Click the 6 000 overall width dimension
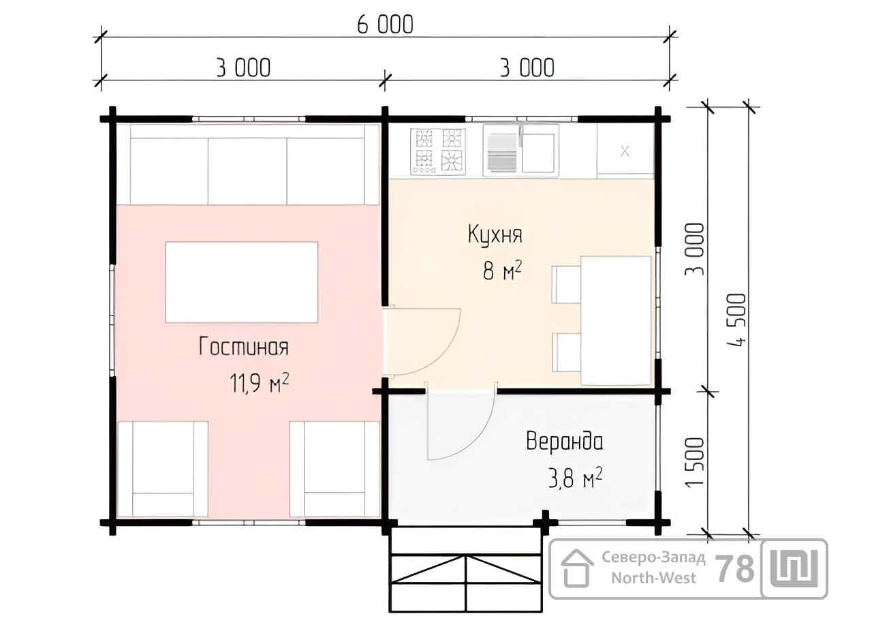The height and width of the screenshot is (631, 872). click(385, 25)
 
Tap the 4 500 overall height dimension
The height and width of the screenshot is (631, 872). click(736, 320)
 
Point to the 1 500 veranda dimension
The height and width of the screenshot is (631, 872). click(695, 462)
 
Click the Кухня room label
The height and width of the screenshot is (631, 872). click(495, 234)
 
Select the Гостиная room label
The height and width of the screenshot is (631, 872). click(244, 346)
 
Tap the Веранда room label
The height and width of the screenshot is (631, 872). click(565, 442)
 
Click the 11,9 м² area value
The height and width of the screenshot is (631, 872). click(260, 383)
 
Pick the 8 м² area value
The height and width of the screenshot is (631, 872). click(502, 271)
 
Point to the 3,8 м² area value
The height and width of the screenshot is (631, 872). click(576, 478)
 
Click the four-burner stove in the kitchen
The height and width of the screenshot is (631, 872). click(438, 151)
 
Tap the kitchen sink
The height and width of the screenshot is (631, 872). click(521, 150)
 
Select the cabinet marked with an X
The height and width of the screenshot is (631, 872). click(625, 151)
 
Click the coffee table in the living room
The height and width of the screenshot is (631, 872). click(242, 282)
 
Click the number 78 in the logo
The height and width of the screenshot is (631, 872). click(735, 569)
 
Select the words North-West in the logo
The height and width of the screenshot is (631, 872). click(653, 578)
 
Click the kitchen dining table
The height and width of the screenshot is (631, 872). click(616, 320)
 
